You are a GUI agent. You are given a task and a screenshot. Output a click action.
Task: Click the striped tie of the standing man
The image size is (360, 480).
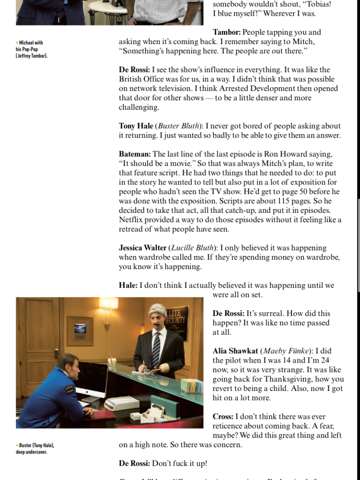click(156, 349)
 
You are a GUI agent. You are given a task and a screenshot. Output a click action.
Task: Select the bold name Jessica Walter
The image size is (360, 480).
click(143, 248)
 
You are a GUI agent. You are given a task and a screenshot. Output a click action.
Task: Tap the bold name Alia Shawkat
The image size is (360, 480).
click(235, 351)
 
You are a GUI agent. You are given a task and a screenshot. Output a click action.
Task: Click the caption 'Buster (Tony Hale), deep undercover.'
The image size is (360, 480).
click(35, 448)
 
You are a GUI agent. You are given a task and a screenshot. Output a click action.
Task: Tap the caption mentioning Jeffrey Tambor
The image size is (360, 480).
click(32, 49)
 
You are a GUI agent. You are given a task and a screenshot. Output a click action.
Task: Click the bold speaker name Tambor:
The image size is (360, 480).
click(226, 32)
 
